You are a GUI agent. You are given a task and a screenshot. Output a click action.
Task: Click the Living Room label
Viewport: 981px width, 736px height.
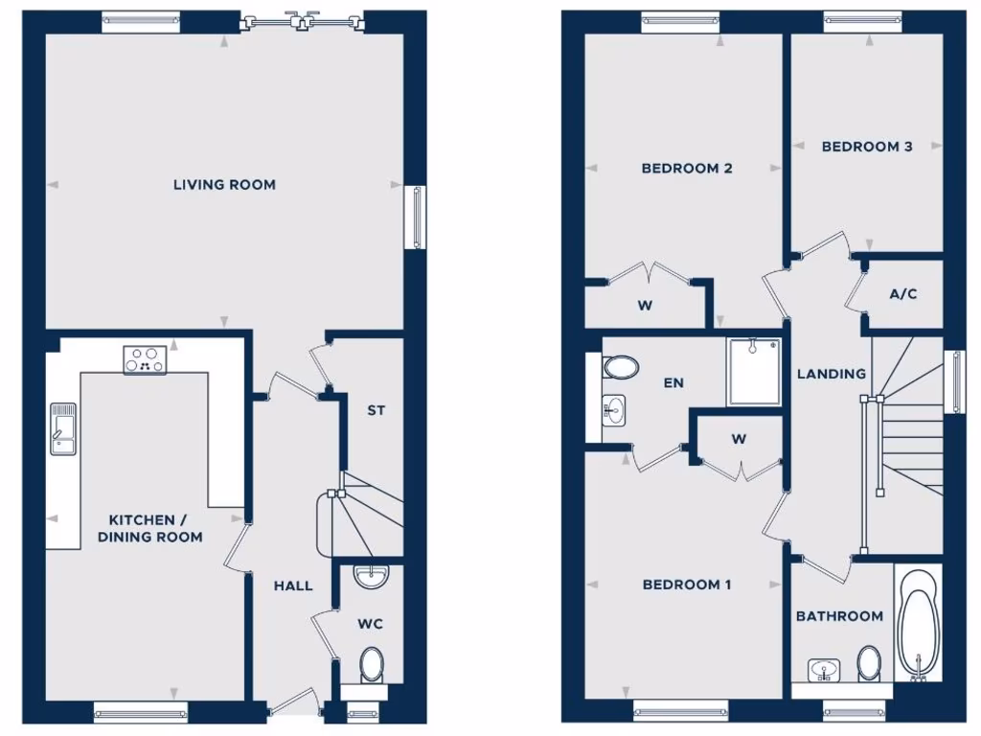[x=224, y=184]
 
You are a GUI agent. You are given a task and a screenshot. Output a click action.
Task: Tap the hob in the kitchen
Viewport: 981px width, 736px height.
[x=145, y=359]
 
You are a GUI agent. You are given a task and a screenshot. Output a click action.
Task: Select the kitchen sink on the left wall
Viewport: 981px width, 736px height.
[x=63, y=426]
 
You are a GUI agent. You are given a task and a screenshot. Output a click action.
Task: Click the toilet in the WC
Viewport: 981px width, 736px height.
[x=372, y=664]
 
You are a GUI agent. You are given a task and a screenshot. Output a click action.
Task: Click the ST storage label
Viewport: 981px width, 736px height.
[x=376, y=410]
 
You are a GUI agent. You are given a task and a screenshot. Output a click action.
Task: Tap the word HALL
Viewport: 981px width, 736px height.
[x=293, y=586]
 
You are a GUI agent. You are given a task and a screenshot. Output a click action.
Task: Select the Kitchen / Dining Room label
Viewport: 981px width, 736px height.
[x=150, y=528]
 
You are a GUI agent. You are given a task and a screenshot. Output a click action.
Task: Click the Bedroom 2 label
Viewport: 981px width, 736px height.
[x=687, y=169]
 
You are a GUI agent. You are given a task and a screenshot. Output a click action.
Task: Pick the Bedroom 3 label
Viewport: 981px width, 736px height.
[x=866, y=147]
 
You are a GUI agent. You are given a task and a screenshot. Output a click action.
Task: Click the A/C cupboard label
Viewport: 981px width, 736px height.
[x=903, y=293]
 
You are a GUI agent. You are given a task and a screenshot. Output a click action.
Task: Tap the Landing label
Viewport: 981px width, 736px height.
[x=832, y=374]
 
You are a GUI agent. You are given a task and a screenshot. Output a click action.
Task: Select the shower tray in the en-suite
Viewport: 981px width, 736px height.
[x=754, y=370]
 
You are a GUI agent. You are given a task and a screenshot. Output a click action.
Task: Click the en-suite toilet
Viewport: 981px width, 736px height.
[x=620, y=367]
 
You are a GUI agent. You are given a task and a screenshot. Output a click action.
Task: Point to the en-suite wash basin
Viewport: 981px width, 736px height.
[x=614, y=410]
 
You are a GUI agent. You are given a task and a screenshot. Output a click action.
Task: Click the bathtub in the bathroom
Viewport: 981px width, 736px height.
[x=918, y=623]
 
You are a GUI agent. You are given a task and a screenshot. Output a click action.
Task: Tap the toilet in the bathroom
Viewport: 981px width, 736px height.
[x=870, y=661]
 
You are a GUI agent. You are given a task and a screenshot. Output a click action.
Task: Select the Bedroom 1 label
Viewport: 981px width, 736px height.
[x=687, y=585]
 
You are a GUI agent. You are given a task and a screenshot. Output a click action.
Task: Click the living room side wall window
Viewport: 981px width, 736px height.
[x=418, y=218]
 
